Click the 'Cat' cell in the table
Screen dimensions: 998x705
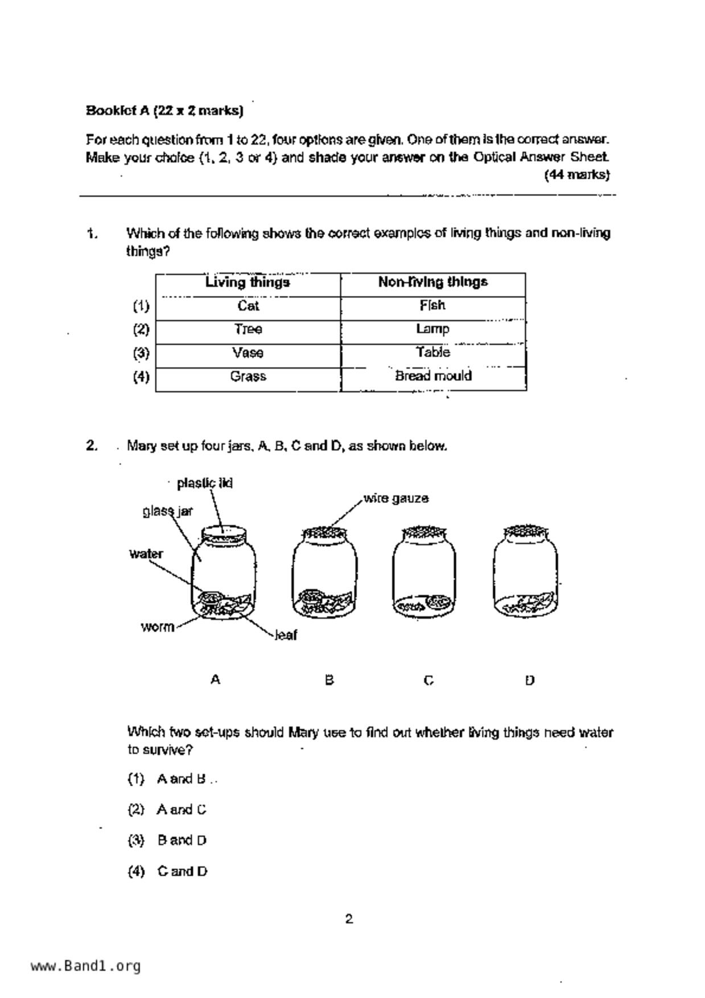248,306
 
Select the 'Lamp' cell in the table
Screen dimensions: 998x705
432,329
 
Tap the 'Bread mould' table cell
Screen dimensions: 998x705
433,376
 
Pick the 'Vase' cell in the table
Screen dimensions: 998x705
248,353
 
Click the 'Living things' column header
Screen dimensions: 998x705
248,282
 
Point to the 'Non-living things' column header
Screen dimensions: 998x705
432,282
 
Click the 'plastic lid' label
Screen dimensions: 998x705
204,483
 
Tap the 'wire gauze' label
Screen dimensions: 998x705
396,498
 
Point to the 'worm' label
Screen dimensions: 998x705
157,627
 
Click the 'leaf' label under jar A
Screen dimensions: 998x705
286,635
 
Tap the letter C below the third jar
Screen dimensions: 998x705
429,680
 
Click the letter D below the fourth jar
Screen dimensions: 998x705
529,680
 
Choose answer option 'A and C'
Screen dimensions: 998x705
181,810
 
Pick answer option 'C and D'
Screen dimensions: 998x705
182,871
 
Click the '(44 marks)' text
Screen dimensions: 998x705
576,175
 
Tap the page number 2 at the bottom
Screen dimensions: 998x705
349,918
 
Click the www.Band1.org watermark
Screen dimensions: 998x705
85,966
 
